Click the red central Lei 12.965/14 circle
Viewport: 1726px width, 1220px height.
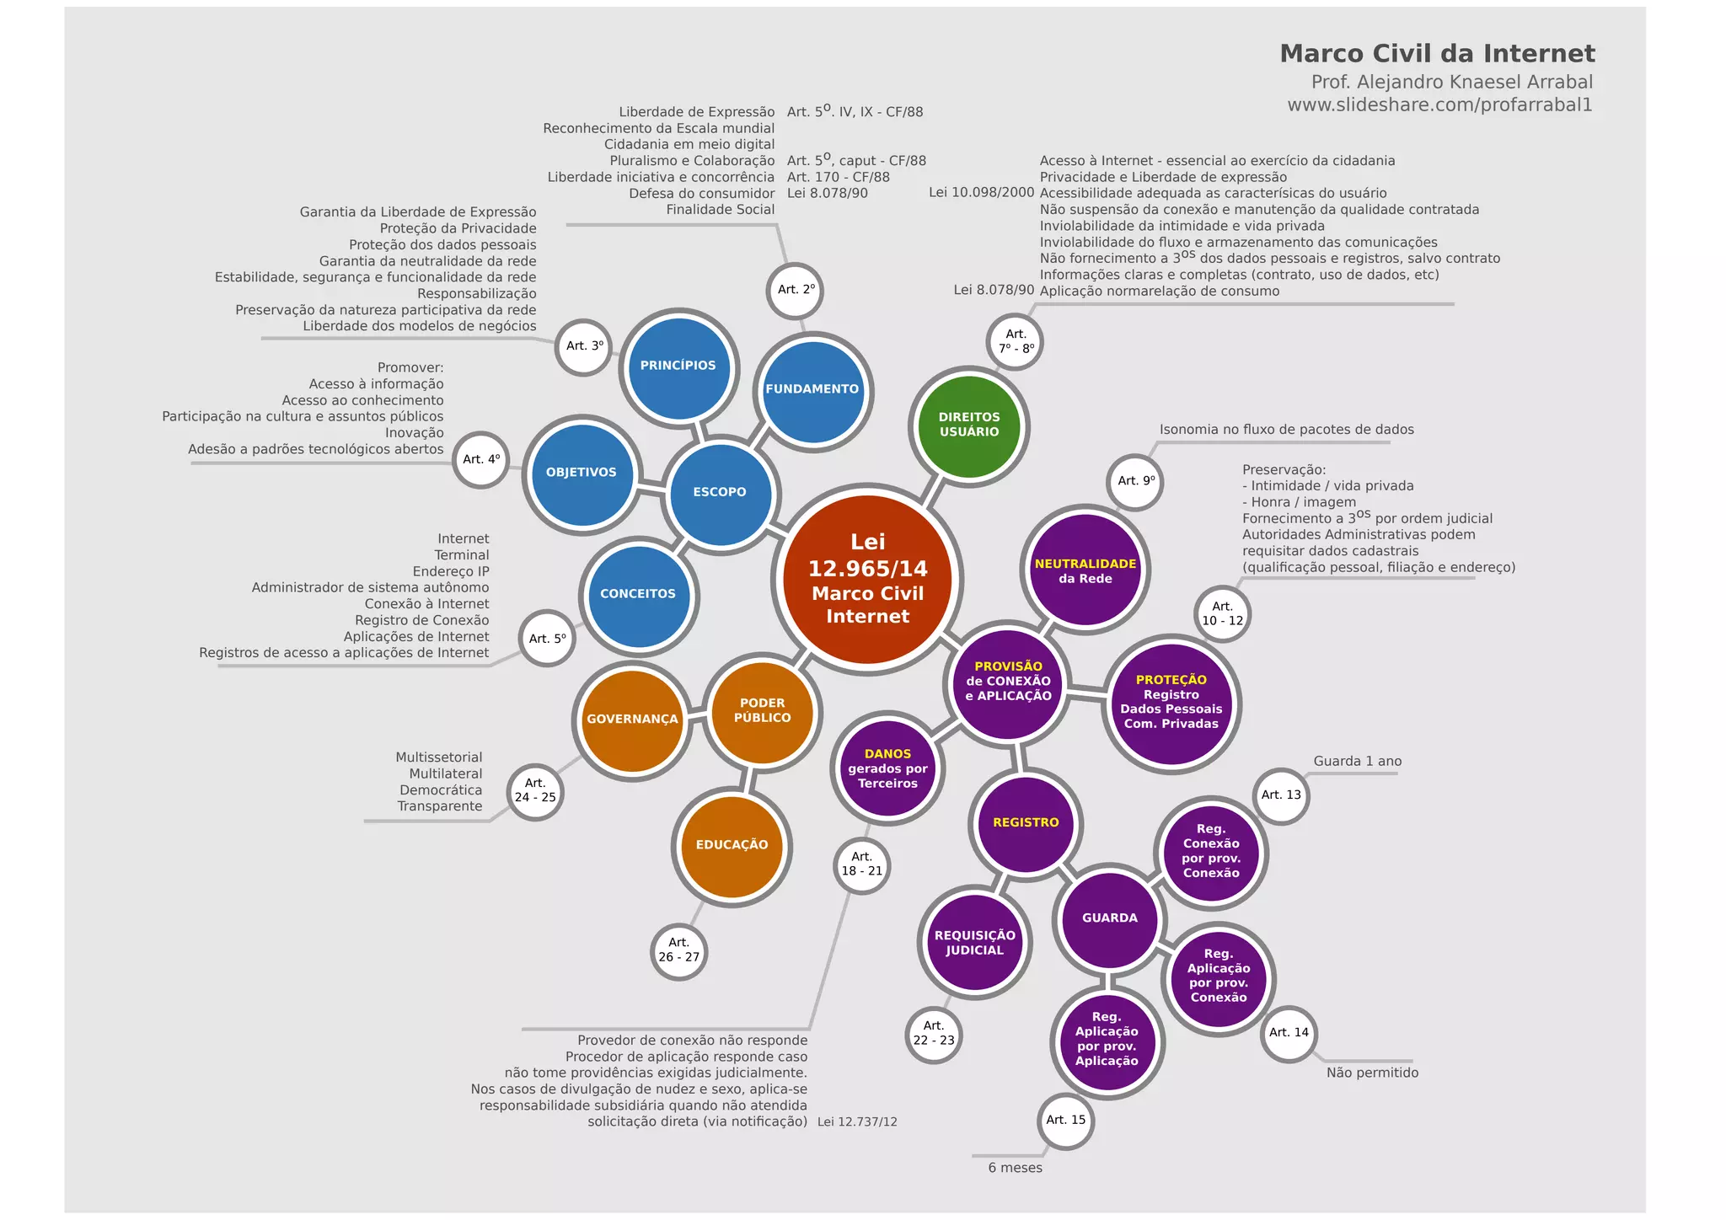pyautogui.click(x=867, y=580)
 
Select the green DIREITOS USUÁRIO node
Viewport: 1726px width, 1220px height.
pyautogui.click(x=969, y=425)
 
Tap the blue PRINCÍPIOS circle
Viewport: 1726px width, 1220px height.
pyautogui.click(x=678, y=367)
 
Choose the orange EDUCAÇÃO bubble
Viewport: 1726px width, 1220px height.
pyautogui.click(x=732, y=845)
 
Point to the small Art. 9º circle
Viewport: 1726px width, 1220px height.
pyautogui.click(x=1136, y=481)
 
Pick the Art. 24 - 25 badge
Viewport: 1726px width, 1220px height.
pyautogui.click(x=535, y=791)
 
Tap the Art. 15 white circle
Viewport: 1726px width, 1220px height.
pyautogui.click(x=1066, y=1121)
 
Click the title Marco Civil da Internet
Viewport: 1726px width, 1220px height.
pyautogui.click(x=1437, y=54)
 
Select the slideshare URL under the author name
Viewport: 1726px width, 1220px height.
pyautogui.click(x=1439, y=105)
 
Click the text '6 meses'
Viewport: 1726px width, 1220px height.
pyautogui.click(x=1015, y=1168)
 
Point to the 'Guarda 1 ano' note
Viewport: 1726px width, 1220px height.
pyautogui.click(x=1357, y=761)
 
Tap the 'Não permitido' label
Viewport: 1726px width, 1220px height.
pyautogui.click(x=1372, y=1073)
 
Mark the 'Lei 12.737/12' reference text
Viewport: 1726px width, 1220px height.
pyautogui.click(x=857, y=1122)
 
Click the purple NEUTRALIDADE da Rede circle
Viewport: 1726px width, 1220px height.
pyautogui.click(x=1085, y=570)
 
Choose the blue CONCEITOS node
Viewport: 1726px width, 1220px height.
pyautogui.click(x=638, y=595)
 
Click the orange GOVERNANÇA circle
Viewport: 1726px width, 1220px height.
pyautogui.click(x=632, y=720)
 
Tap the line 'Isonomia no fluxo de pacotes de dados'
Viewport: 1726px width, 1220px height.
pyautogui.click(x=1286, y=430)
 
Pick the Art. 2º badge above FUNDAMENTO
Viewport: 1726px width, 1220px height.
pyautogui.click(x=796, y=290)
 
